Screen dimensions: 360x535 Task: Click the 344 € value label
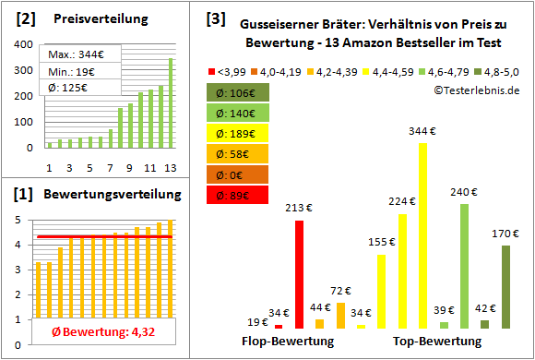coord(423,132)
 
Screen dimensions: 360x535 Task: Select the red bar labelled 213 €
coord(299,274)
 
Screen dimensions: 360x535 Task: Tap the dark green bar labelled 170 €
coord(505,286)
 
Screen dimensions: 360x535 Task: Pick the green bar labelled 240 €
coord(464,266)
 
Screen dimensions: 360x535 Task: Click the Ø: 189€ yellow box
coord(238,133)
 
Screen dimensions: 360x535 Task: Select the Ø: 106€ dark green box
coord(238,92)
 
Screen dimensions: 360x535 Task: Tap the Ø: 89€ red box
coord(238,194)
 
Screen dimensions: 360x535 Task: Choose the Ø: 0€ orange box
coord(238,174)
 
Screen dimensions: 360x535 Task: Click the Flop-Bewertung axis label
coord(288,342)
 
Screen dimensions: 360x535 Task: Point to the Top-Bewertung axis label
coord(437,342)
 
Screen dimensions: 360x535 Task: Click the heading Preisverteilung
coord(97,19)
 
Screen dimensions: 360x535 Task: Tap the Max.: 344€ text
coord(77,54)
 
